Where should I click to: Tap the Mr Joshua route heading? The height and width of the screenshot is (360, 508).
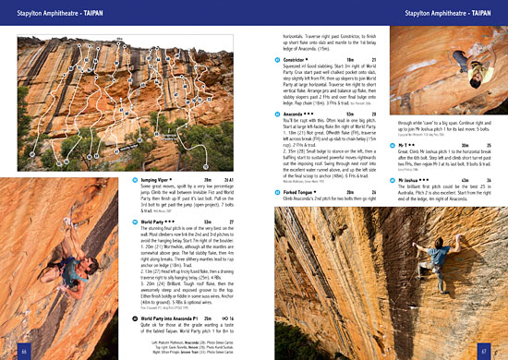[x=407, y=178]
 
